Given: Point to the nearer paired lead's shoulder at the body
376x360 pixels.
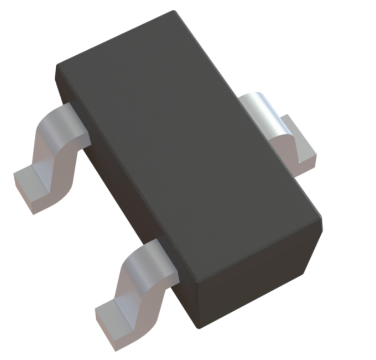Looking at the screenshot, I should click(x=158, y=254).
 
